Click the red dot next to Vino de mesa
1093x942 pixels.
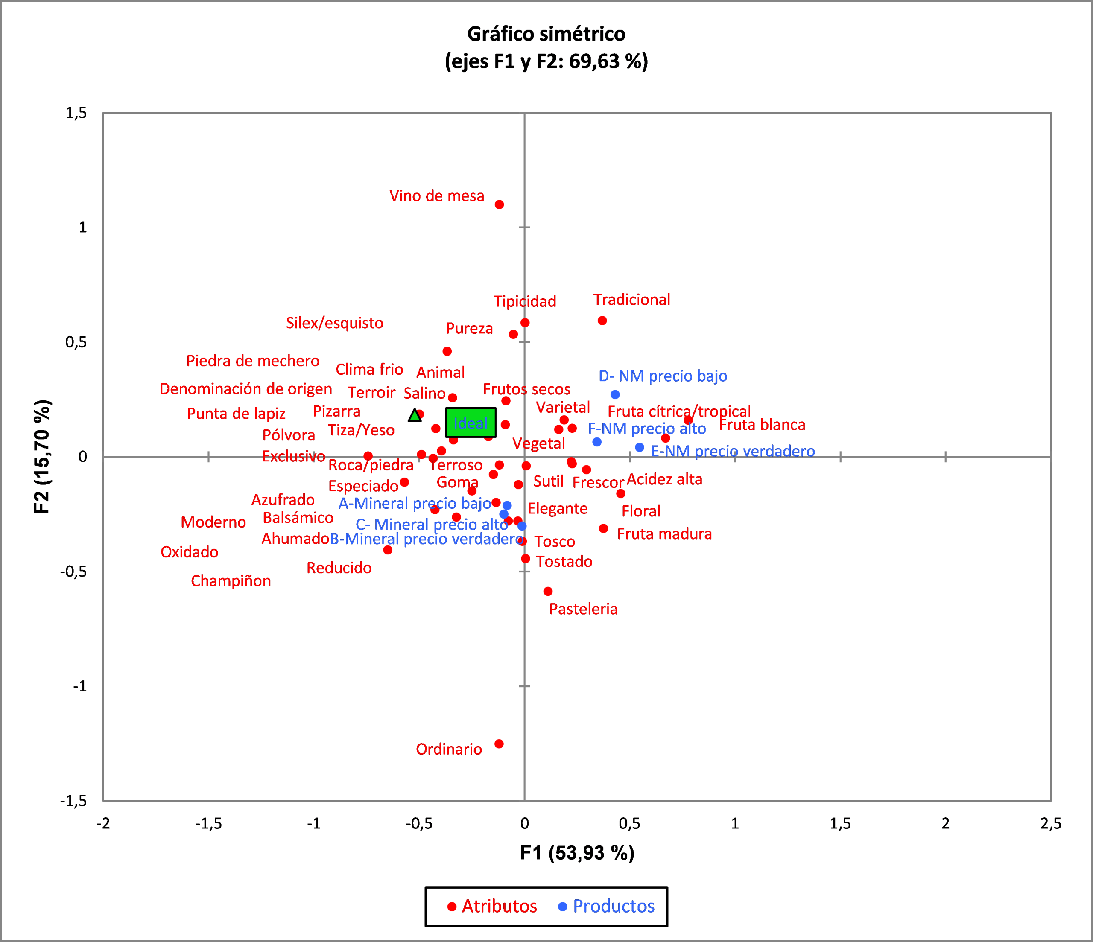(x=499, y=204)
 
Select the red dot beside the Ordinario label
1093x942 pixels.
(x=499, y=744)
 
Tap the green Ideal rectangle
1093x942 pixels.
(x=471, y=423)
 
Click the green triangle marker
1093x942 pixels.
(x=415, y=416)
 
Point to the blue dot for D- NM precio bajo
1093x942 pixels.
(x=615, y=394)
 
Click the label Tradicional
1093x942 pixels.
(x=631, y=300)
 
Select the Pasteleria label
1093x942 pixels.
(x=583, y=609)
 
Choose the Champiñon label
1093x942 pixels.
(x=231, y=581)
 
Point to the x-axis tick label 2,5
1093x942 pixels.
(x=1050, y=823)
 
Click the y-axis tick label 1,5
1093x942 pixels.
(x=76, y=113)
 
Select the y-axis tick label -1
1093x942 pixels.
(x=80, y=686)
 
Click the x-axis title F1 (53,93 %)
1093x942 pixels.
(x=577, y=853)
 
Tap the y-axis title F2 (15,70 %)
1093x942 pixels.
(x=42, y=456)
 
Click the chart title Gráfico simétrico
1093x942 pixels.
(x=546, y=34)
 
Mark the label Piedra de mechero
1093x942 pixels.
(x=253, y=361)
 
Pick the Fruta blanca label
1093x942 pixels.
(x=762, y=425)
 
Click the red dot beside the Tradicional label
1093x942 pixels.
(x=602, y=321)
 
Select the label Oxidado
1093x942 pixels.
(x=190, y=552)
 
